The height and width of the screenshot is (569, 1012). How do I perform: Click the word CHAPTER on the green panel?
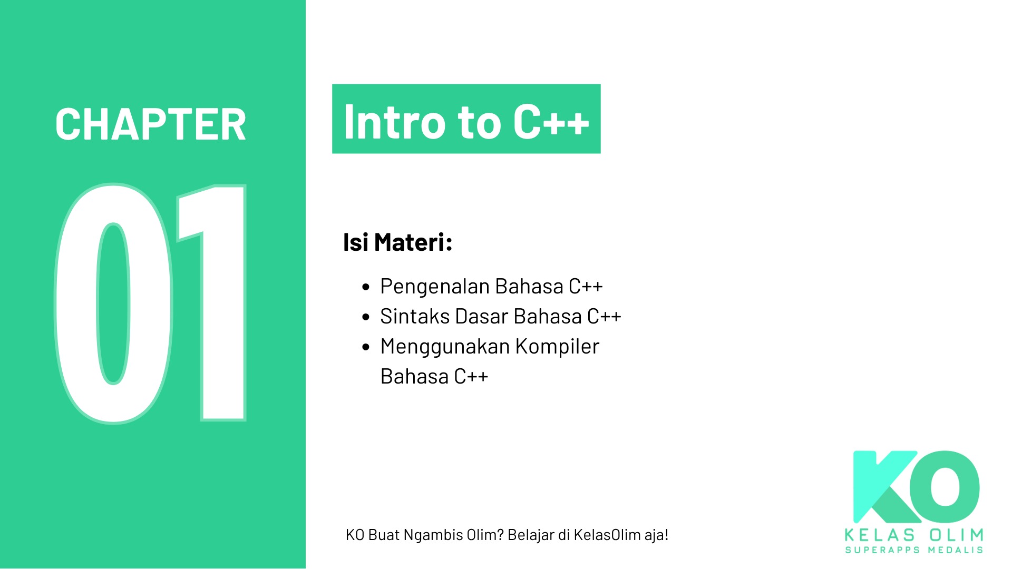151,125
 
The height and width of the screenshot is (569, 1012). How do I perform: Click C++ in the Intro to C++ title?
551,122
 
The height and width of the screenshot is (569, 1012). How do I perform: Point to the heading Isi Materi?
397,242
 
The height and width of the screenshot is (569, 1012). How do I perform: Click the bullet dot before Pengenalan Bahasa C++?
366,287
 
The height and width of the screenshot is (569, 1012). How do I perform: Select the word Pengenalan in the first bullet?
435,287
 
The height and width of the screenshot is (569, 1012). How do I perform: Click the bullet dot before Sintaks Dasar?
366,317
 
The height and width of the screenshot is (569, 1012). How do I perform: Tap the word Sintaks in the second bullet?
415,317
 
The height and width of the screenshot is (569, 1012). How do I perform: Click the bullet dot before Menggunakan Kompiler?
366,347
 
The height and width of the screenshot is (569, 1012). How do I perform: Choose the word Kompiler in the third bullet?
557,347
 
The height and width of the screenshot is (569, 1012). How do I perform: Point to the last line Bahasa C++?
434,377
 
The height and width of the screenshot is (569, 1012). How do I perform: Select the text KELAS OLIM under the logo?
914,535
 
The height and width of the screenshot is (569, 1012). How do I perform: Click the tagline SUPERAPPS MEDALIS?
914,550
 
